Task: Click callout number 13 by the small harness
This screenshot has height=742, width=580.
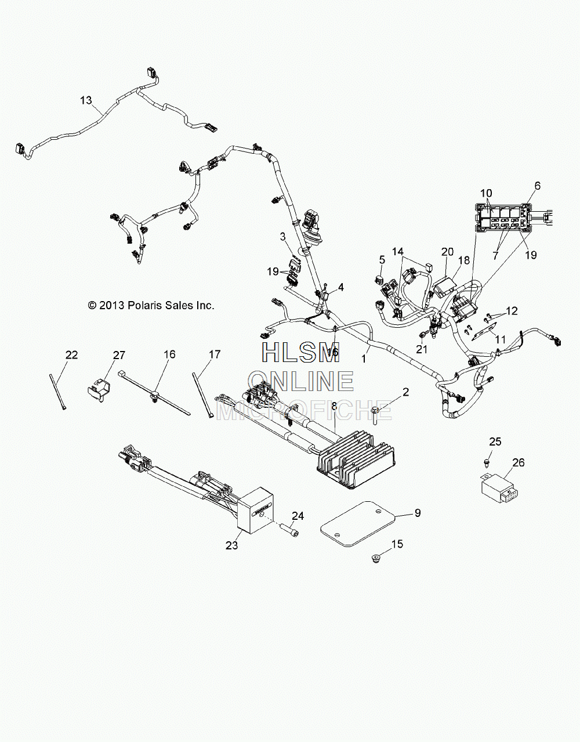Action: pyautogui.click(x=86, y=100)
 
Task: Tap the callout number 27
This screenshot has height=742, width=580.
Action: pyautogui.click(x=119, y=355)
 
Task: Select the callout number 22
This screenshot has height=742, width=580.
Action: pyautogui.click(x=72, y=355)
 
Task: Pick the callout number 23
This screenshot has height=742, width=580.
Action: pyautogui.click(x=232, y=546)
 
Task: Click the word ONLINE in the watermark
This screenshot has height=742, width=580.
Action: pyautogui.click(x=301, y=381)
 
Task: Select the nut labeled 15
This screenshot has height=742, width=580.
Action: pyautogui.click(x=375, y=559)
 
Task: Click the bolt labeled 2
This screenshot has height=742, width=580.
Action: pyautogui.click(x=375, y=415)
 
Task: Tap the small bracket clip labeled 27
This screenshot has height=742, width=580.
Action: pyautogui.click(x=97, y=390)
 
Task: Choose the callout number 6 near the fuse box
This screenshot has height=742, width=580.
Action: pyautogui.click(x=537, y=186)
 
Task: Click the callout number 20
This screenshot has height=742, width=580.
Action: pyautogui.click(x=447, y=252)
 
